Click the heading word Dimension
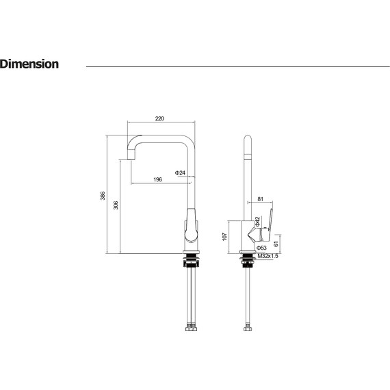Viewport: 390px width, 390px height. (x=29, y=64)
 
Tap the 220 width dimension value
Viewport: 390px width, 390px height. (x=159, y=118)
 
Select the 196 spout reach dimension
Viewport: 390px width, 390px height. (x=157, y=179)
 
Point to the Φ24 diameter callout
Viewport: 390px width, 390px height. (x=180, y=172)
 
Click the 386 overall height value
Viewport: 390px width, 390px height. (x=103, y=196)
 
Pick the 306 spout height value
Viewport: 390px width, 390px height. (x=116, y=205)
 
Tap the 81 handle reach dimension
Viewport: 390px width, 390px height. (x=260, y=199)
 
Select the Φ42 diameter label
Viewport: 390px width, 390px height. (x=257, y=222)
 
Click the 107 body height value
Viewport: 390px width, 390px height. (x=224, y=237)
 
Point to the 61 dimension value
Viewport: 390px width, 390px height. (x=276, y=244)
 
